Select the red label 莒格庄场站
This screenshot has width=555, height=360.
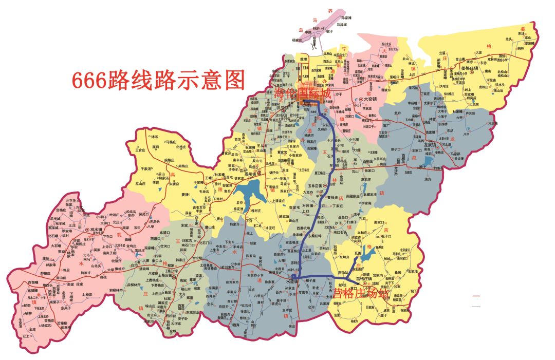(361, 294)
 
